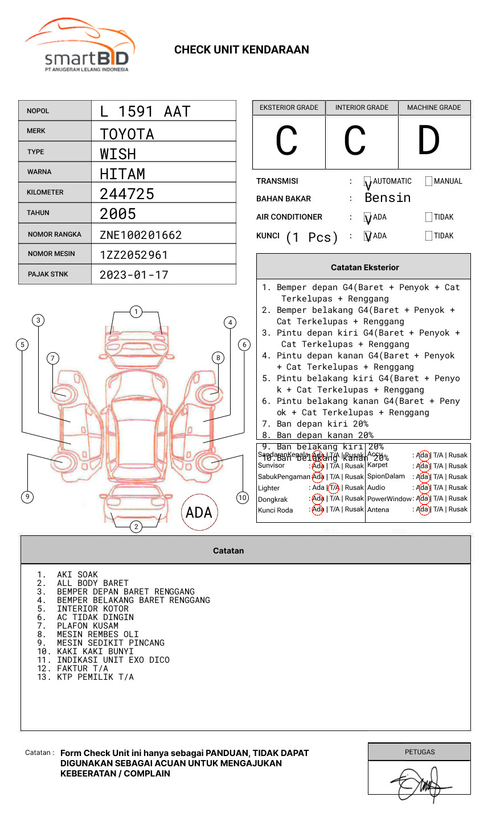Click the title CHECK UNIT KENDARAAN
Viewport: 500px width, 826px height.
pyautogui.click(x=241, y=50)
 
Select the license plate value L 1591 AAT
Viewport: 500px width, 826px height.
pyautogui.click(x=145, y=111)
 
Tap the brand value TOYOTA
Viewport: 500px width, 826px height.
pyautogui.click(x=127, y=134)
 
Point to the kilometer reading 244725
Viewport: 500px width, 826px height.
pyautogui.click(x=127, y=194)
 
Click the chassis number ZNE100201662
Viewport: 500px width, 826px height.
pyautogui.click(x=141, y=235)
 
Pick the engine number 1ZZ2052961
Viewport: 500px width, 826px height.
pyautogui.click(x=134, y=255)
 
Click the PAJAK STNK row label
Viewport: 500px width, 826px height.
pyautogui.click(x=48, y=274)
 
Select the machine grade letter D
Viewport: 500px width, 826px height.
pyautogui.click(x=428, y=141)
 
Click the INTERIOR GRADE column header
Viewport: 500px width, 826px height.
pyautogui.click(x=362, y=108)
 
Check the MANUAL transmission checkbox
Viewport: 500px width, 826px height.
pyautogui.click(x=429, y=181)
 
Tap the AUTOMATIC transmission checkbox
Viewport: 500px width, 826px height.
pyautogui.click(x=368, y=182)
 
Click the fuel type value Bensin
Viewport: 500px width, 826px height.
pyautogui.click(x=387, y=198)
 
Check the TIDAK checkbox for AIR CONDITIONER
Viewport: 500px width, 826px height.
pyautogui.click(x=429, y=217)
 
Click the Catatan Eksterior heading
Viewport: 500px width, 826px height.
pyautogui.click(x=364, y=267)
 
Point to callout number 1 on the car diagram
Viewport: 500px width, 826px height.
pyautogui.click(x=136, y=312)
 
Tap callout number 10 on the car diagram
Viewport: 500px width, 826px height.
pyautogui.click(x=243, y=498)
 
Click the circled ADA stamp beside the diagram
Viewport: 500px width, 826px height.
pyautogui.click(x=199, y=513)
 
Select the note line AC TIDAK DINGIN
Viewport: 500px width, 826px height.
pyautogui.click(x=95, y=617)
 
